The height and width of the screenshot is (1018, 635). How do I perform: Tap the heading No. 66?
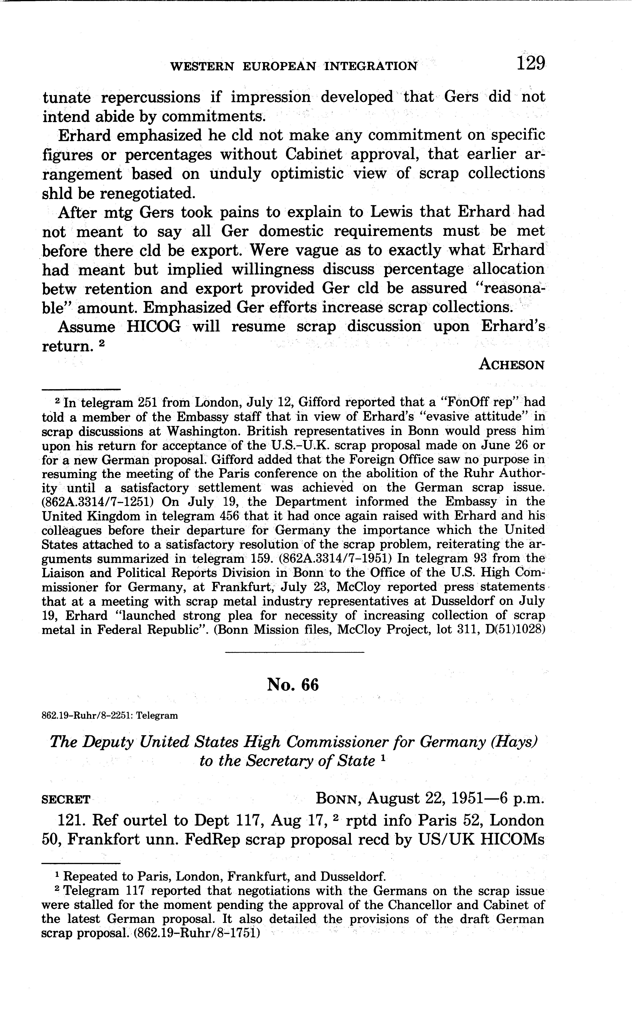tap(293, 685)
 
